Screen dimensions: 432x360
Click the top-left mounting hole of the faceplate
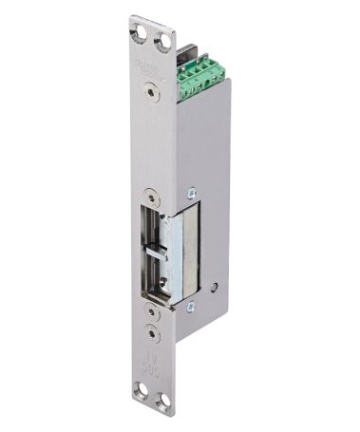tap(141, 31)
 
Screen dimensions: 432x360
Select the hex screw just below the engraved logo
tap(149, 93)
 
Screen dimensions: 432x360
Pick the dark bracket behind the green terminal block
tap(186, 52)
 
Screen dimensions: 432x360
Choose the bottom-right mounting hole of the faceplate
tap(163, 403)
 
